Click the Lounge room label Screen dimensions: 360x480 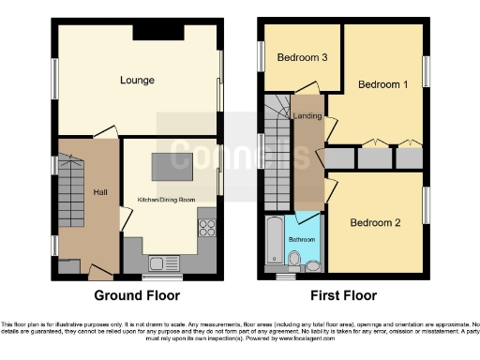pos(137,81)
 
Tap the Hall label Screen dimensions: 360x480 pos(100,192)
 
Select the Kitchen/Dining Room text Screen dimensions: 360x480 pos(167,200)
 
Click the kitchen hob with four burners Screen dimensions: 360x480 pos(206,228)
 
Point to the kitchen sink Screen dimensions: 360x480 pos(159,262)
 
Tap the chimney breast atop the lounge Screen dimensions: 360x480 pos(149,32)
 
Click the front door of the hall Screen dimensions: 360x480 pos(98,271)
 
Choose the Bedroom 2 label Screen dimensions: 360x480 pos(375,223)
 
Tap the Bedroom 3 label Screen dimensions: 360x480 pos(302,58)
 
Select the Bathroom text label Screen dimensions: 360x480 pos(302,240)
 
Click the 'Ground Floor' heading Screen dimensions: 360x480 pos(137,296)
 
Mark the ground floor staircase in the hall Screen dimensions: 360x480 pos(73,197)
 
